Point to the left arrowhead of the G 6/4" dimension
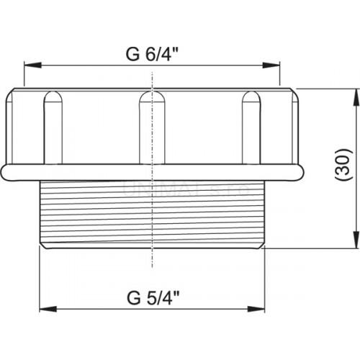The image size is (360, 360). click(x=30, y=65)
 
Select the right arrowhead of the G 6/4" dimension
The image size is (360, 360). click(x=275, y=65)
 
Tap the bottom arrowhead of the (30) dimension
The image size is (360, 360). click(x=356, y=243)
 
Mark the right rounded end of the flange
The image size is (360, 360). click(x=301, y=171)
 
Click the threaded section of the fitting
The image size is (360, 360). click(x=152, y=212)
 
